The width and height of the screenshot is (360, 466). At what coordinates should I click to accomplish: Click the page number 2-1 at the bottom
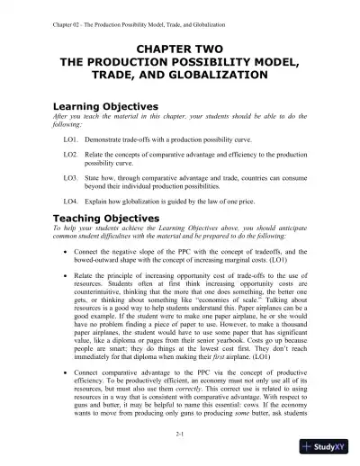point(180,434)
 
